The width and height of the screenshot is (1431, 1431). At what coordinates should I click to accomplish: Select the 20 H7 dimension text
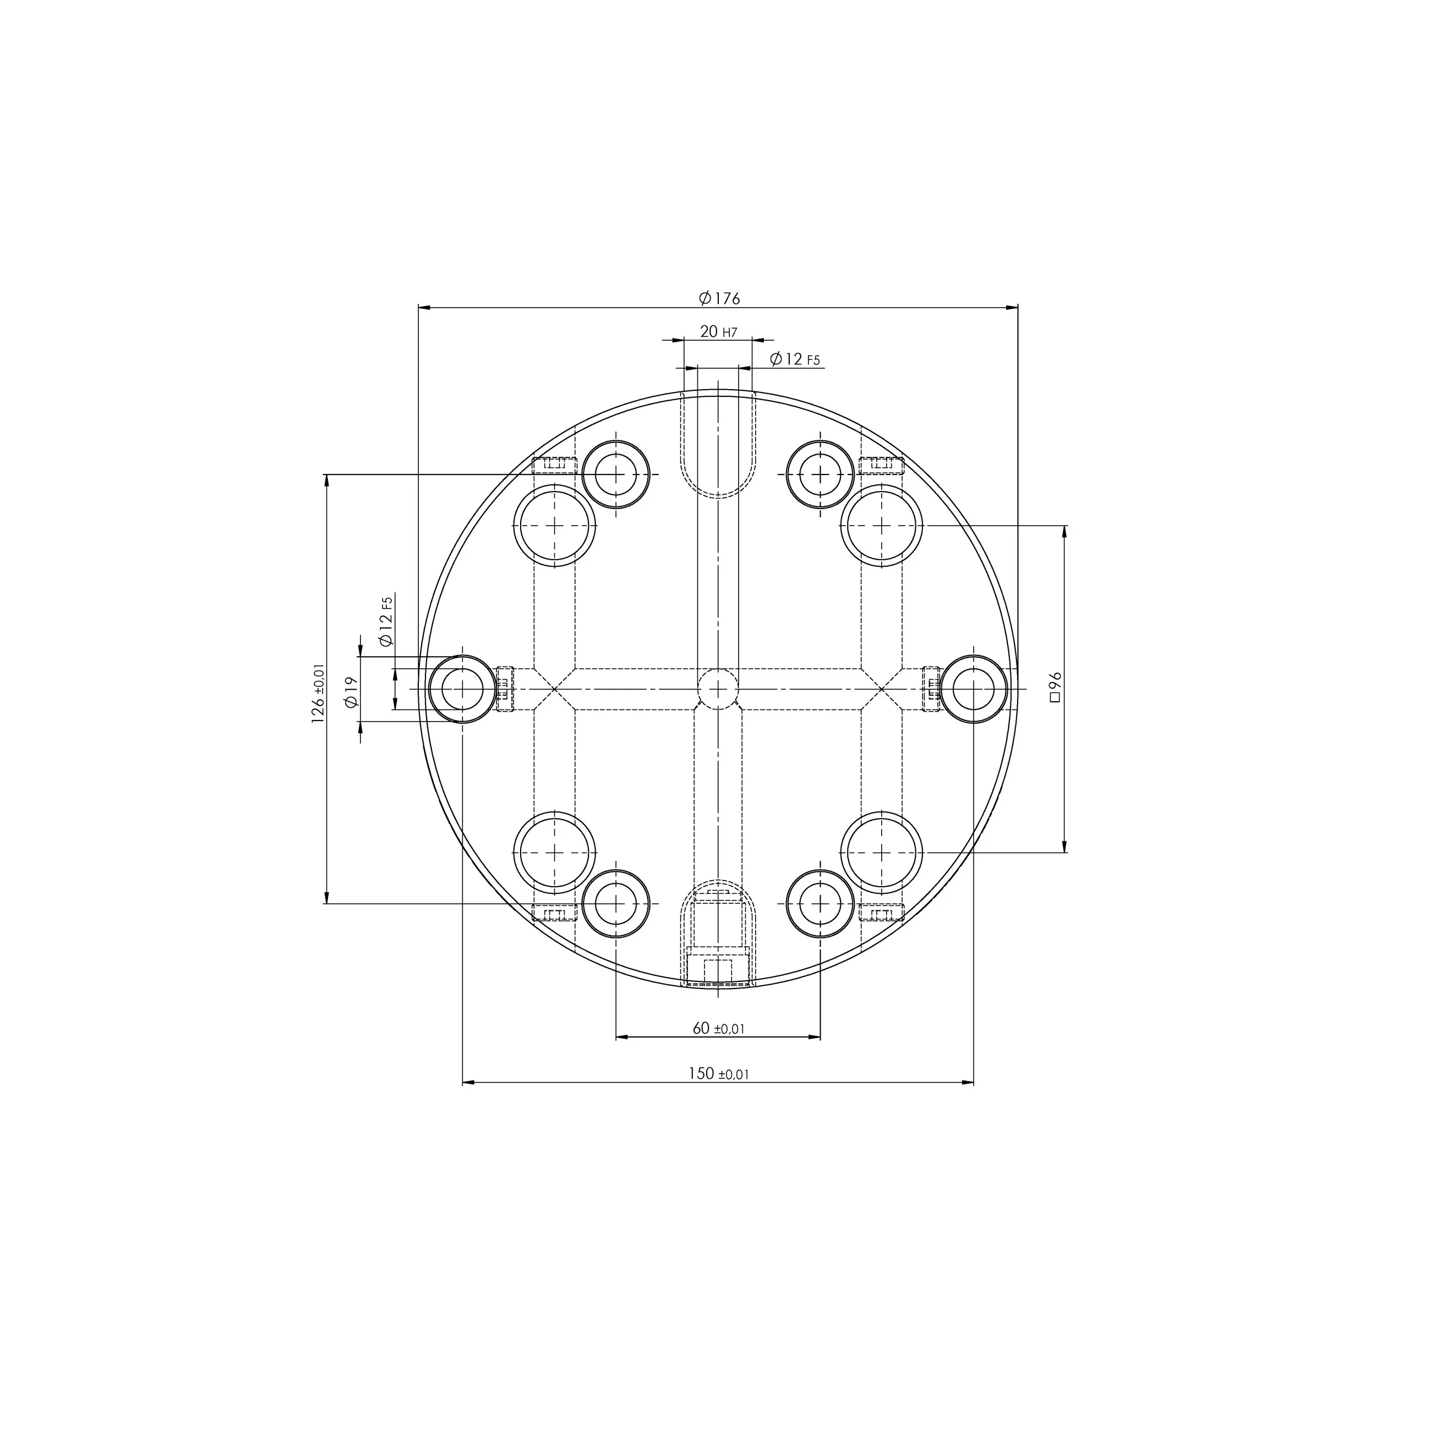718,332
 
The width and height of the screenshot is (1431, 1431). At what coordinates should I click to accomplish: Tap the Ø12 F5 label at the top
795,359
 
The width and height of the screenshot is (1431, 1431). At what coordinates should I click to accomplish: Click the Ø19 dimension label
351,691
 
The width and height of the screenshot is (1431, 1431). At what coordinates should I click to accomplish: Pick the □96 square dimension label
1056,687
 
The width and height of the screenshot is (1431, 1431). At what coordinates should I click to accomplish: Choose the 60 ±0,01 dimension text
718,1028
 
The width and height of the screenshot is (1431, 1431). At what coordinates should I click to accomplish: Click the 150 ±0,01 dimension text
718,1073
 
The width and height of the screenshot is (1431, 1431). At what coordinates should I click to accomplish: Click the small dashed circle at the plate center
718,689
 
